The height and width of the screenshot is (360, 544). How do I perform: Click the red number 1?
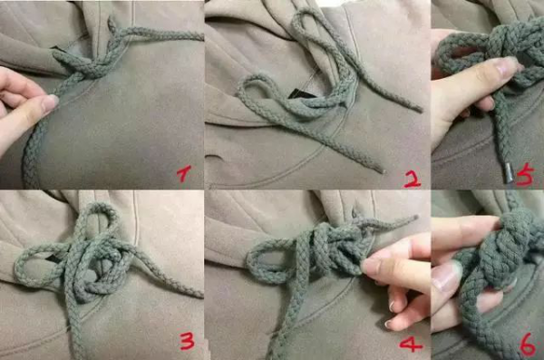[x=186, y=172]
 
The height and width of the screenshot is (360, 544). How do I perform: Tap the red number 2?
[x=411, y=178]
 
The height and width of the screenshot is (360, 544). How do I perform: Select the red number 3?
[x=187, y=341]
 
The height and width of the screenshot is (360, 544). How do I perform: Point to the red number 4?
[x=411, y=345]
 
